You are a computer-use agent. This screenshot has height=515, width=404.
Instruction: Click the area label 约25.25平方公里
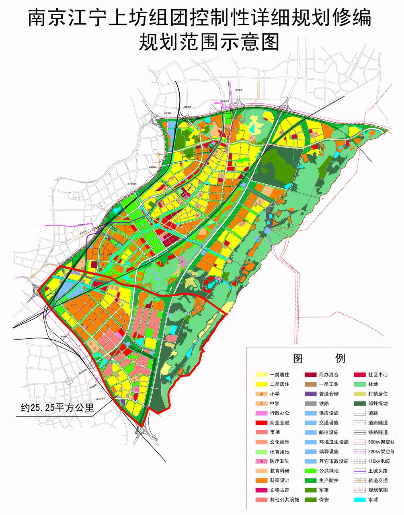pos(57,408)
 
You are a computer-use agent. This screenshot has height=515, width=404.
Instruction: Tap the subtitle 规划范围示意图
pos(209,42)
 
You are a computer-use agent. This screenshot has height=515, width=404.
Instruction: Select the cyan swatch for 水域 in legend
pos(361,500)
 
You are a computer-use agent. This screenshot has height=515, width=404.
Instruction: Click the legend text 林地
pos(373,384)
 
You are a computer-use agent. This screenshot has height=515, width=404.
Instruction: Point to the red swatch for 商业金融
pos(262,423)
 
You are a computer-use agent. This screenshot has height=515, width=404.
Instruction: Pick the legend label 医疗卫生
pos(279,461)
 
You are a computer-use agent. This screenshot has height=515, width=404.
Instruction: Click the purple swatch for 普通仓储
pos(311,394)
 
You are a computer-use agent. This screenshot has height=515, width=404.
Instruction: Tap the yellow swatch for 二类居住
pos(262,384)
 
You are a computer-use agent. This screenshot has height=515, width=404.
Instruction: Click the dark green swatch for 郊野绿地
pos(361,404)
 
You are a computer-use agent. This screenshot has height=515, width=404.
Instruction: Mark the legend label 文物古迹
pos(279,490)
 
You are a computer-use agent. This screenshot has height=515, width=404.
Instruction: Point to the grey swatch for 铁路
pos(311,404)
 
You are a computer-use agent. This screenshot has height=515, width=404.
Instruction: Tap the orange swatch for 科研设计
pos(262,480)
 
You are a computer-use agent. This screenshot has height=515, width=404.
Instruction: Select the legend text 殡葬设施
pos(329,452)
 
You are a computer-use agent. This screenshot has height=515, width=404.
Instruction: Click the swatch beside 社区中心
pos(361,375)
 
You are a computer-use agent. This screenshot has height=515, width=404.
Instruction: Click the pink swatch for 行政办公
pos(262,413)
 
